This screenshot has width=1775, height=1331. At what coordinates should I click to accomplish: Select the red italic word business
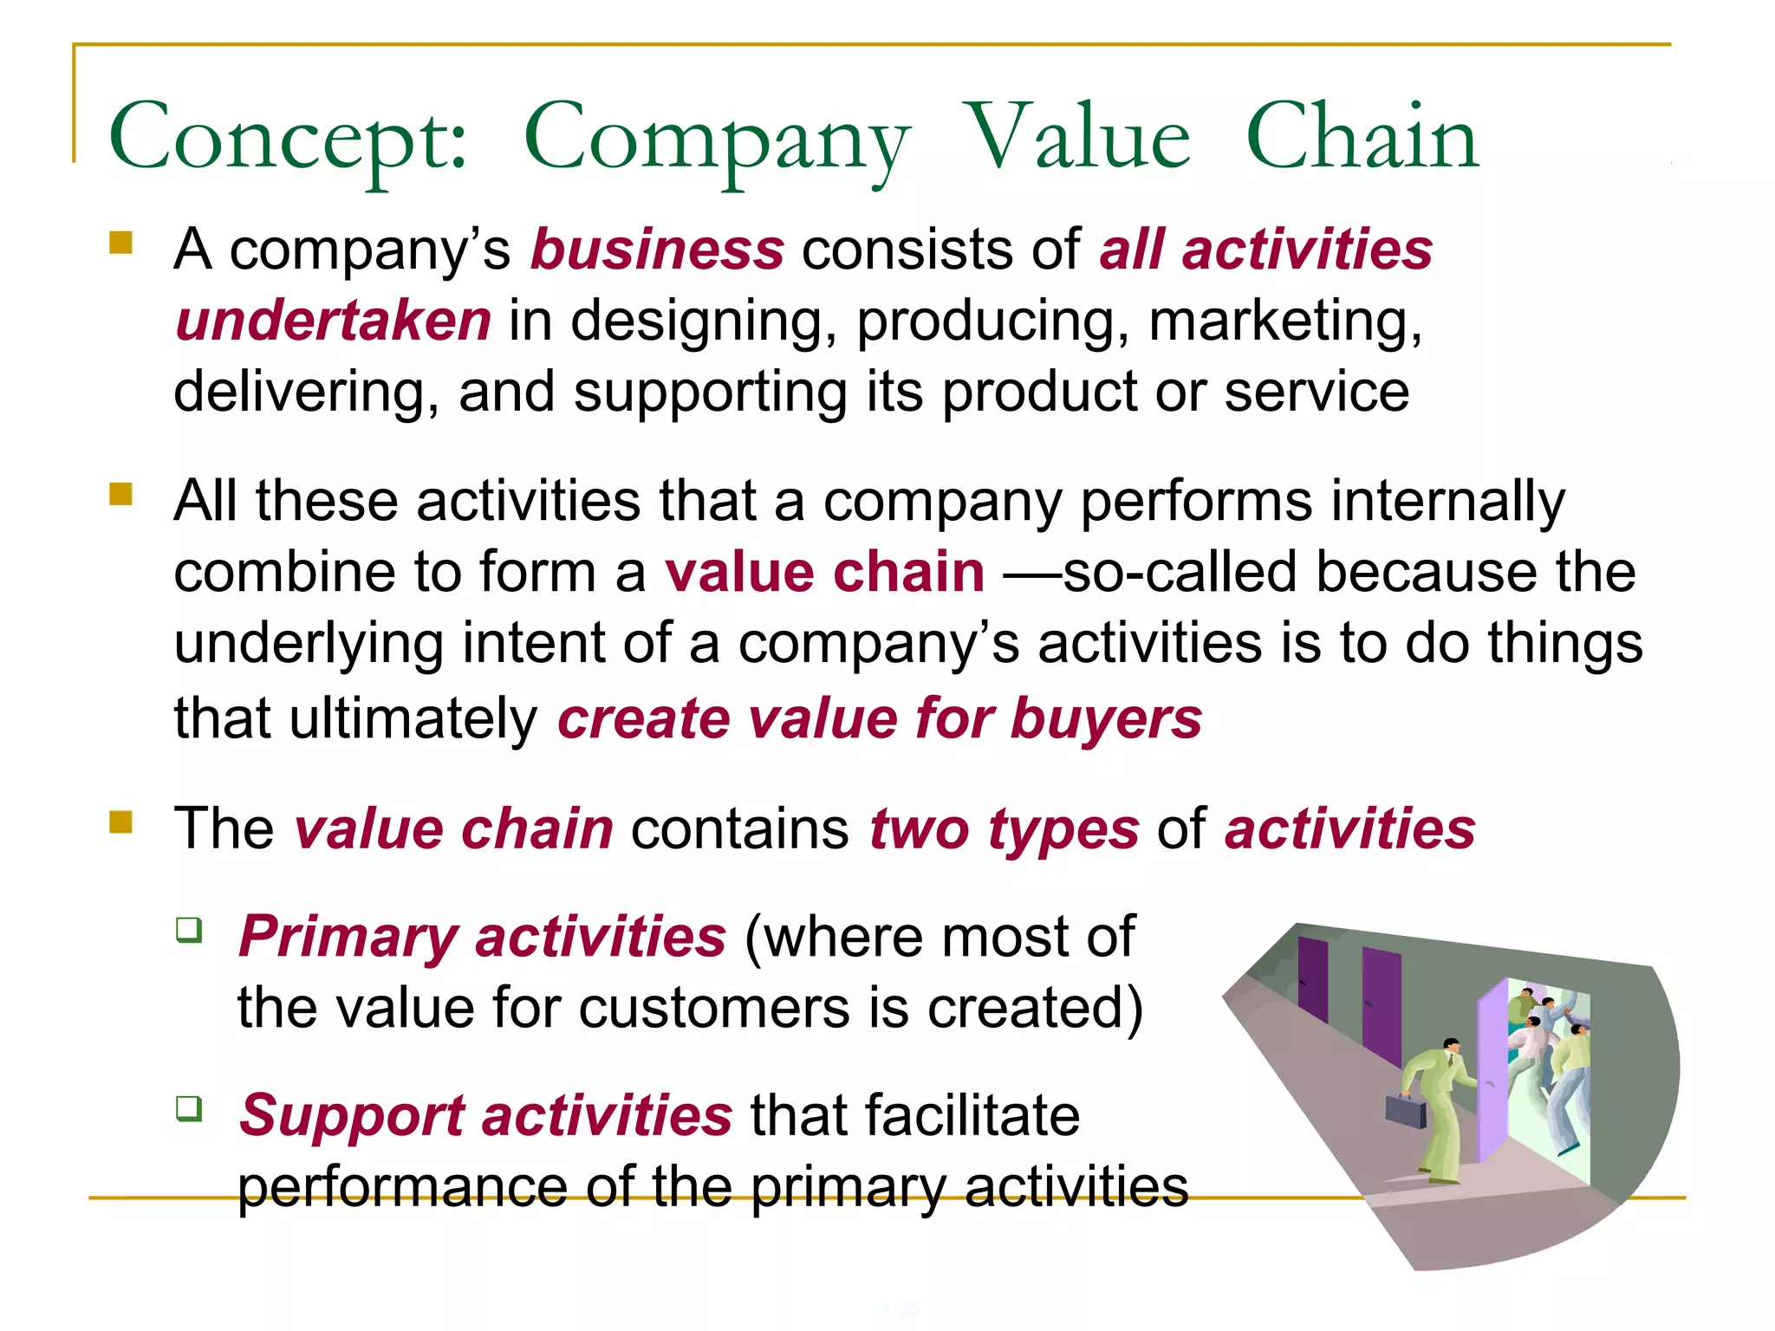click(657, 250)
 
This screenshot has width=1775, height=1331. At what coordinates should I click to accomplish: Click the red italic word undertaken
click(333, 321)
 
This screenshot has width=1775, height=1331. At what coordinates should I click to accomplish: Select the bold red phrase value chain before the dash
click(824, 573)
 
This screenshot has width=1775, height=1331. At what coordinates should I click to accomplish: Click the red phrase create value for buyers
click(879, 719)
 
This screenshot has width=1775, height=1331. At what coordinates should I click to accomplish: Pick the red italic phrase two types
click(1004, 828)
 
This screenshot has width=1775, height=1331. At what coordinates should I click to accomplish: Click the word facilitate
click(914, 1115)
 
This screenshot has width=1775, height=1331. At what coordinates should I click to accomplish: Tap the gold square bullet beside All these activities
click(121, 494)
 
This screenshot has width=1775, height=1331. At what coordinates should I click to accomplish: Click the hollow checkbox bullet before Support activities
click(189, 1108)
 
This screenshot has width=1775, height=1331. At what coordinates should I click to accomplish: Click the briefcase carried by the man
click(1405, 1110)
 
